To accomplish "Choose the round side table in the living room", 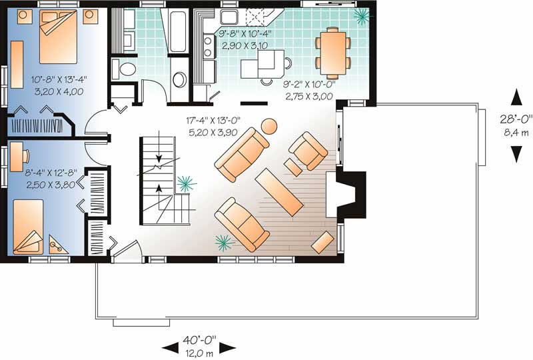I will coord(269,125).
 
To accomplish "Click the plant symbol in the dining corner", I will coord(360,15).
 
